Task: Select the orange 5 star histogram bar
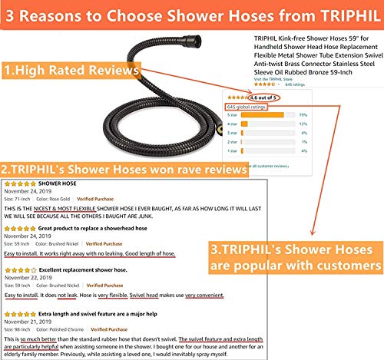(262, 115)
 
